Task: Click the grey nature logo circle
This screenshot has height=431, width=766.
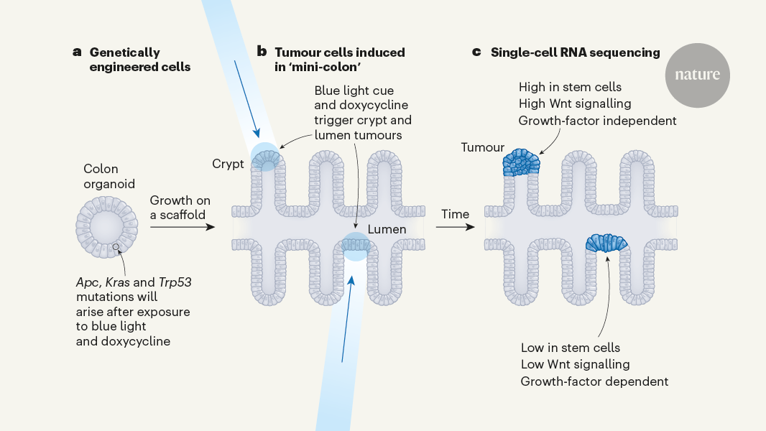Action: (x=697, y=75)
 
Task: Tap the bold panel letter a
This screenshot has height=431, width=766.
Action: (x=77, y=52)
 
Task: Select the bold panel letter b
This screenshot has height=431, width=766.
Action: (x=262, y=52)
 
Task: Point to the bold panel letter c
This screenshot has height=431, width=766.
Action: (x=476, y=52)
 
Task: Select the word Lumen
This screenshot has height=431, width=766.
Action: (x=387, y=229)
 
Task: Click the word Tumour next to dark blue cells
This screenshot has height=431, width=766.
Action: (x=482, y=147)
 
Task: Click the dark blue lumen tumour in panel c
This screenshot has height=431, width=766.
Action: (x=607, y=243)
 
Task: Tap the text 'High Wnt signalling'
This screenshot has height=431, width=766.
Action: (x=575, y=104)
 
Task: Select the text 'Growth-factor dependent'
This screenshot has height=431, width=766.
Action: (x=594, y=381)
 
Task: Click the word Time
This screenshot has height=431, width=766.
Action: (x=455, y=214)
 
